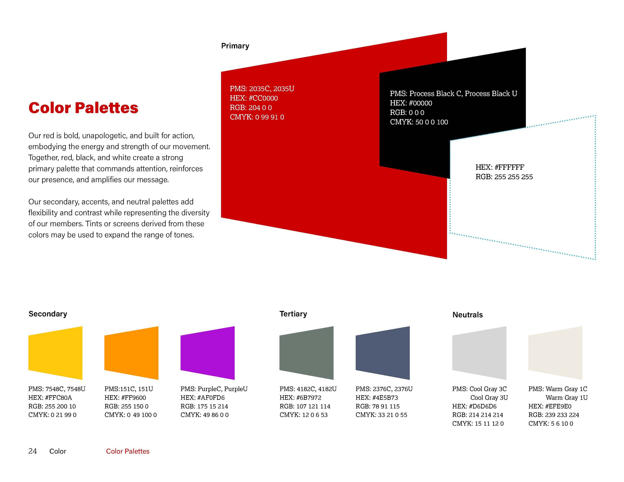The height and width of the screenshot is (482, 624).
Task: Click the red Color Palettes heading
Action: pyautogui.click(x=83, y=108)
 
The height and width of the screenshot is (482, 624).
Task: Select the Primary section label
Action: pyautogui.click(x=235, y=46)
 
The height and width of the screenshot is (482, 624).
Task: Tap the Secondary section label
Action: pyautogui.click(x=48, y=314)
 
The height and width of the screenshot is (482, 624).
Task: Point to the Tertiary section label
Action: pyautogui.click(x=293, y=314)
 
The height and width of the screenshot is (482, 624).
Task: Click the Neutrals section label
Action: pyautogui.click(x=468, y=315)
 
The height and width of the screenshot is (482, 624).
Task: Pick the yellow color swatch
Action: pyautogui.click(x=55, y=353)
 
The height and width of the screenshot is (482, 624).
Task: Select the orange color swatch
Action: pyautogui.click(x=132, y=353)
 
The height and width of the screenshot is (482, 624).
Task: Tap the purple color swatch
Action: pyautogui.click(x=208, y=353)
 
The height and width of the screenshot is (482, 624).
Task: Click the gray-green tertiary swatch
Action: pyautogui.click(x=307, y=353)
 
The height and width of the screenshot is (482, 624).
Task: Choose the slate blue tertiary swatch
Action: pyautogui.click(x=383, y=353)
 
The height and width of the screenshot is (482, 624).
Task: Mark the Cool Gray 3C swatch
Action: pyautogui.click(x=479, y=353)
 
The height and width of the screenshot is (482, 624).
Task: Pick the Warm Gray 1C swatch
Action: pyautogui.click(x=555, y=353)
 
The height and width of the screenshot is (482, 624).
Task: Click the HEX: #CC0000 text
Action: pyautogui.click(x=254, y=98)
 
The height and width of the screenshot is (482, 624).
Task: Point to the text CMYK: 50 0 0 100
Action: pyautogui.click(x=419, y=122)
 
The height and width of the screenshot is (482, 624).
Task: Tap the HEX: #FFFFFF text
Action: pyautogui.click(x=500, y=167)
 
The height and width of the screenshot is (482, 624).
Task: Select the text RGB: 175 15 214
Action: pyautogui.click(x=204, y=406)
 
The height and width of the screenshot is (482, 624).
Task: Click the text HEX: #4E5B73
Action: pyautogui.click(x=377, y=397)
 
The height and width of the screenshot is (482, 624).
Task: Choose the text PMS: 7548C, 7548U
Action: pyautogui.click(x=57, y=389)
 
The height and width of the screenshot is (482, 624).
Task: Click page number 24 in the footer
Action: pyautogui.click(x=32, y=451)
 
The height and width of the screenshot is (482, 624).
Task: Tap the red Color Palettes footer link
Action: pyautogui.click(x=128, y=451)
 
